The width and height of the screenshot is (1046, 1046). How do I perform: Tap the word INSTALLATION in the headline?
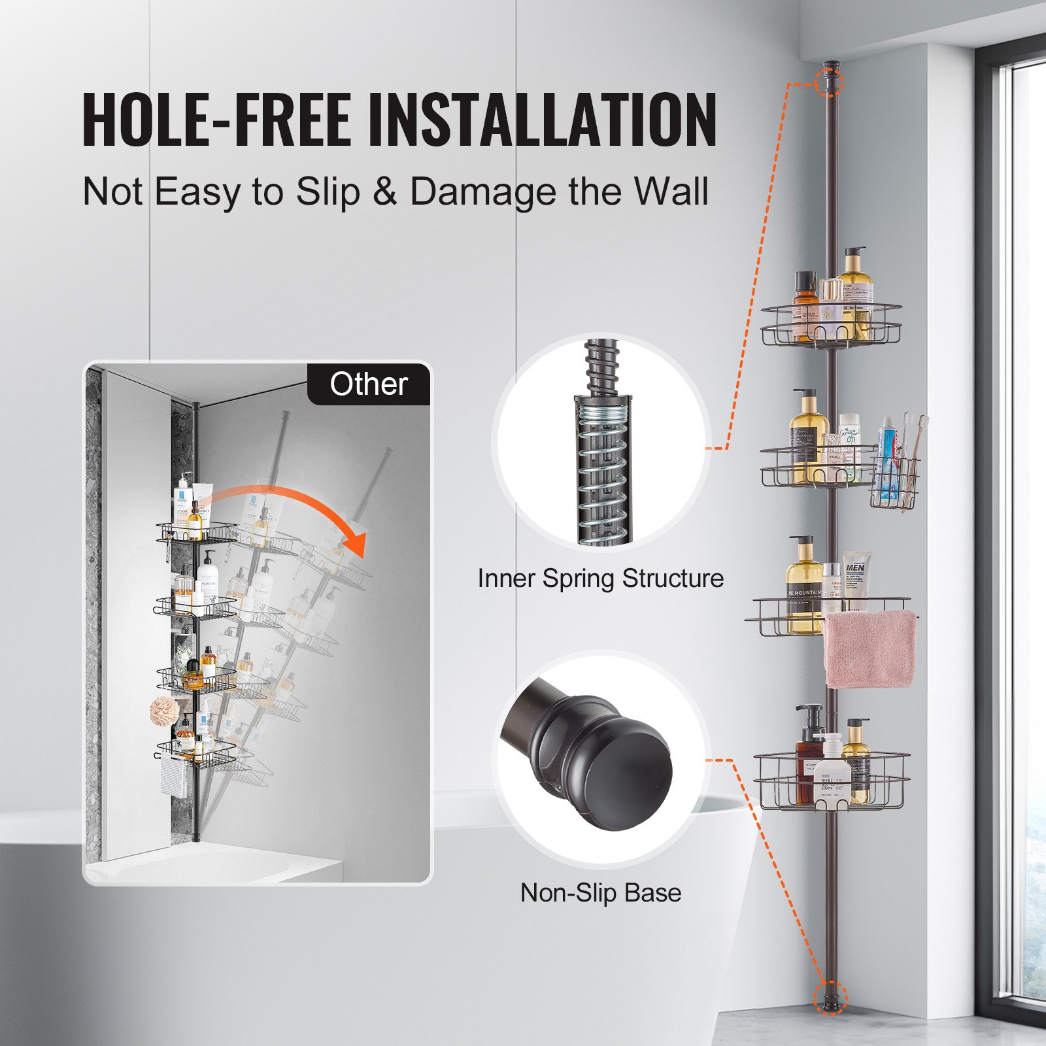543,120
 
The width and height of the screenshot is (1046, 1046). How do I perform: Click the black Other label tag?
369,384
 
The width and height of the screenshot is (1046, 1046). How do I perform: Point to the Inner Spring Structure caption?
600,579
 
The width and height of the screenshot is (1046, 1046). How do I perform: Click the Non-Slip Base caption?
600,892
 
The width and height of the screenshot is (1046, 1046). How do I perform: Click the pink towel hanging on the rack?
868,649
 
